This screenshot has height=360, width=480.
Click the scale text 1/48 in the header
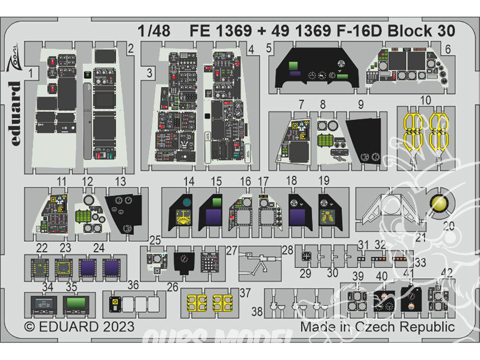coord(154,31)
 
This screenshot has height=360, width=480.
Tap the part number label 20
coord(448,226)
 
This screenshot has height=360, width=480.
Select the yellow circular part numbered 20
coord(441,204)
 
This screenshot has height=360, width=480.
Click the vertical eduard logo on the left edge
coord(14,114)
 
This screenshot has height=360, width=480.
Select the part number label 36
coord(133,286)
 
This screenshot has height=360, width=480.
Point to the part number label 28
coord(288,250)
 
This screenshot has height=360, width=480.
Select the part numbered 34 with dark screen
coord(44,304)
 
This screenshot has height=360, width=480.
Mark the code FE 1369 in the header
coord(221,31)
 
